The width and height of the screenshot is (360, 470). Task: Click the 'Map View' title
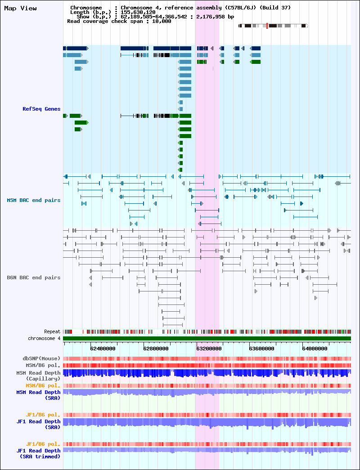click(20, 9)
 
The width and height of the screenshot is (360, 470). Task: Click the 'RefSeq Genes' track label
click(41, 109)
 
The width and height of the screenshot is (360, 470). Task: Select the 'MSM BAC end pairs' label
click(34, 200)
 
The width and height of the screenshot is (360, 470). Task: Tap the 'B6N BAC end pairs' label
click(34, 278)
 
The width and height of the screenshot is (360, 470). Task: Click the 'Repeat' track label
click(52, 332)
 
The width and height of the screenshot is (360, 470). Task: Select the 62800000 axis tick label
click(156, 349)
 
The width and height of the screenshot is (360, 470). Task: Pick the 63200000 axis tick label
click(209, 349)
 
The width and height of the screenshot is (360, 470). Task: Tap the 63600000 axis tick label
click(261, 349)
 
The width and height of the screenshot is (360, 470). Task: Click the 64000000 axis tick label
click(315, 349)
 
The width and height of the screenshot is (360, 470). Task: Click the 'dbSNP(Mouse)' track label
click(41, 358)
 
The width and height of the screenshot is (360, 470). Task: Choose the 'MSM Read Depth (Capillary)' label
click(38, 376)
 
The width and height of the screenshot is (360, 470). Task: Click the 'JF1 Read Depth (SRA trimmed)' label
click(38, 453)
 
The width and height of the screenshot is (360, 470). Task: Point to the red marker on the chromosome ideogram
click(267, 26)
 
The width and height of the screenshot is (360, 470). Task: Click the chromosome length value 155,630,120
click(138, 12)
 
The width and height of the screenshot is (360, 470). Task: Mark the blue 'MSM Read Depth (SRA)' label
click(38, 395)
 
